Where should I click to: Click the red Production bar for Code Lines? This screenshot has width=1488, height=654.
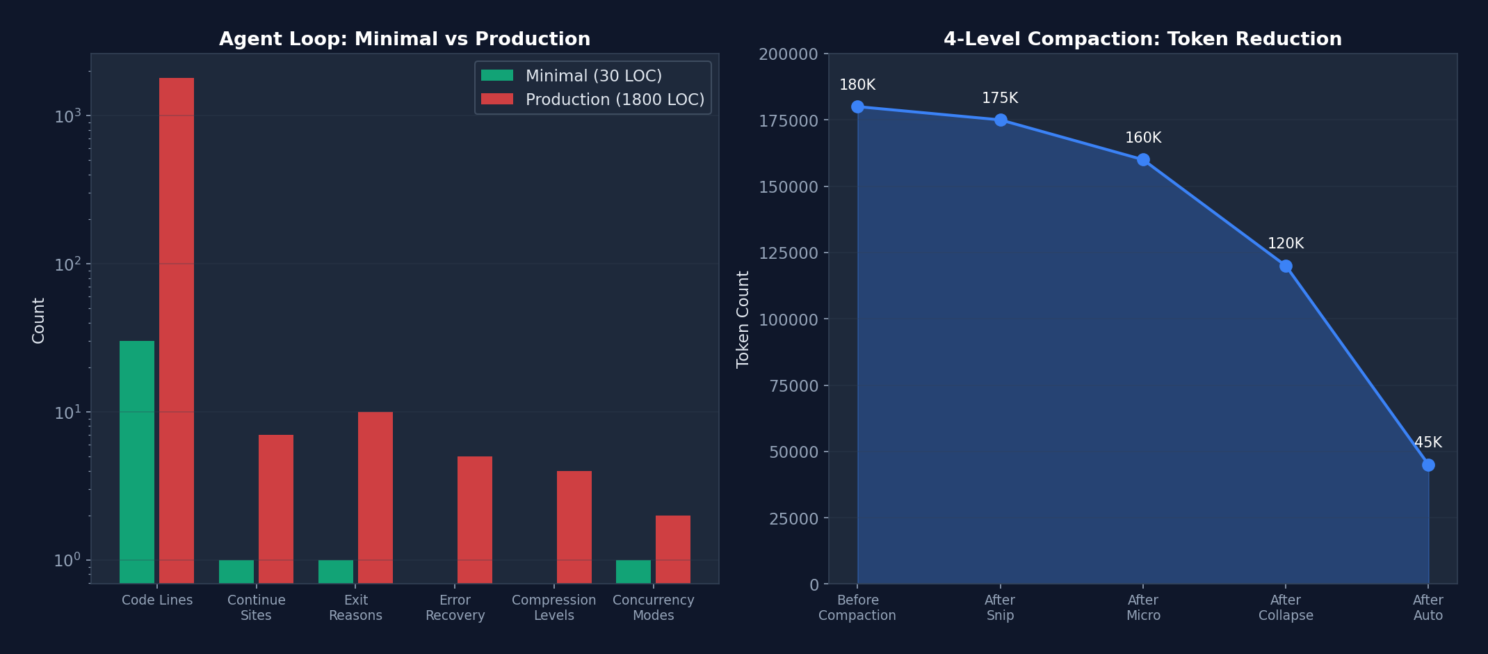177,330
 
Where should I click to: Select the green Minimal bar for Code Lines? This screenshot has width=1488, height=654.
137,462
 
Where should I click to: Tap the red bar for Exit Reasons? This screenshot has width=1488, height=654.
375,497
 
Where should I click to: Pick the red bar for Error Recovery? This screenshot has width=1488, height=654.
475,520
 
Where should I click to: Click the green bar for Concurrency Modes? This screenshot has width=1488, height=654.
633,571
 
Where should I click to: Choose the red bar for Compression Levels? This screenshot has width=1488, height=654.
574,527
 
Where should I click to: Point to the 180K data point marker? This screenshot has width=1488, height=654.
857,106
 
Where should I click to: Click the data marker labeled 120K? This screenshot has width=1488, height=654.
1286,266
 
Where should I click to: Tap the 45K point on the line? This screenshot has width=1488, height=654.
1428,465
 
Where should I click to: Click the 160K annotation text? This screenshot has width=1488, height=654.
1143,138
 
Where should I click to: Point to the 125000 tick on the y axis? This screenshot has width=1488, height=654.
789,253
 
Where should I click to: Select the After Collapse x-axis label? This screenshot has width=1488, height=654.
1286,607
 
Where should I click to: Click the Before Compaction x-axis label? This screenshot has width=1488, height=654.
857,607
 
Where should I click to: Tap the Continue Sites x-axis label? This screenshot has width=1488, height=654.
257,607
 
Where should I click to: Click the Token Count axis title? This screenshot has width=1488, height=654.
743,319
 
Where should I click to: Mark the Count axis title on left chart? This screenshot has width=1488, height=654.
39,321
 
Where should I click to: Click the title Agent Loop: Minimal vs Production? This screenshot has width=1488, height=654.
405,39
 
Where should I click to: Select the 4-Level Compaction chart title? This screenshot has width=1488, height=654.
1142,39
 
